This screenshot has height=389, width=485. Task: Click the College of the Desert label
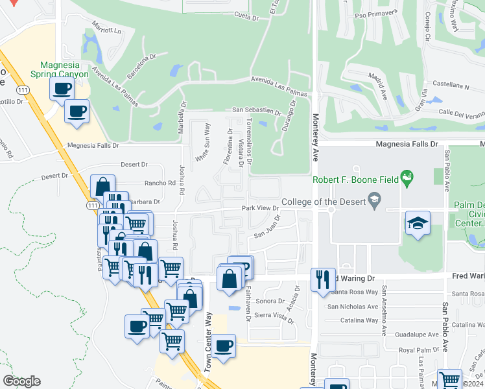click(x=322, y=200)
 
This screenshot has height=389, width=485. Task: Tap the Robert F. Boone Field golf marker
click(x=407, y=176)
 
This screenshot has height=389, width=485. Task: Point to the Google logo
click(x=21, y=381)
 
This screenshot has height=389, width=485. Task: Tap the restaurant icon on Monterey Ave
click(x=323, y=279)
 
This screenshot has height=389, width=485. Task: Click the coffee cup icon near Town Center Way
click(x=224, y=345)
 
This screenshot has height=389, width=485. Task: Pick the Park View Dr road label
click(x=260, y=208)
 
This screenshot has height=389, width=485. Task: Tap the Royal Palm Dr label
click(x=415, y=350)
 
